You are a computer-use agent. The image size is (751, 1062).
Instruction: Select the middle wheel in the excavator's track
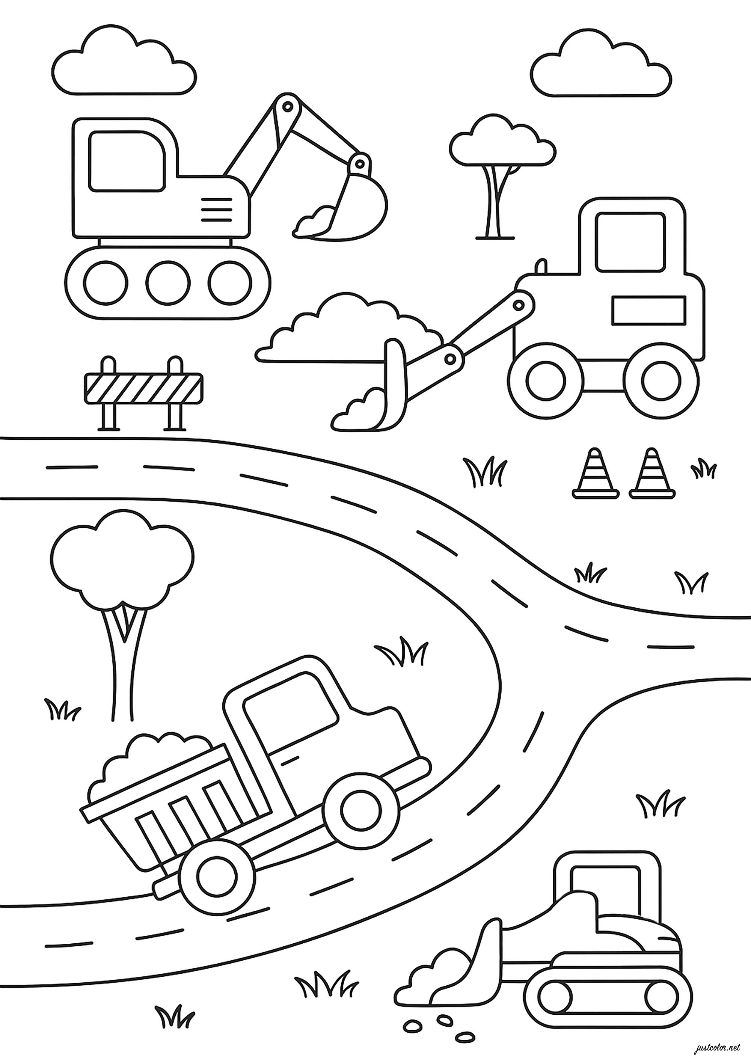point(169,282)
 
